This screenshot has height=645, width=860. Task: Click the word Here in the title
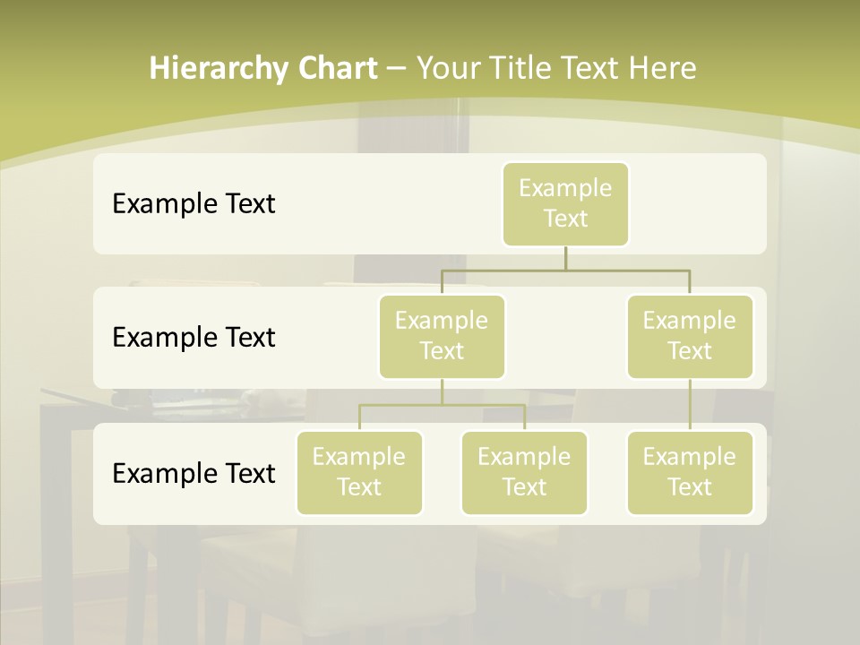[662, 69]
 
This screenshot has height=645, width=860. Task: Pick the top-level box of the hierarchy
[565, 204]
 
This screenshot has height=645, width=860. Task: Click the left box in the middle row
[442, 337]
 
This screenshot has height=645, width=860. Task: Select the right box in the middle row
[690, 337]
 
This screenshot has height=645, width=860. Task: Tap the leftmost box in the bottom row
[359, 473]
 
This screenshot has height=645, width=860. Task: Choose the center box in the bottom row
[524, 473]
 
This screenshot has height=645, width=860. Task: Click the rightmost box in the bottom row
[690, 473]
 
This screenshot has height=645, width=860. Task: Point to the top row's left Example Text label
[193, 204]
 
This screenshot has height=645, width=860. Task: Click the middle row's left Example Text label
[193, 338]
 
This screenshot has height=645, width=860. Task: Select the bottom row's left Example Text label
[193, 474]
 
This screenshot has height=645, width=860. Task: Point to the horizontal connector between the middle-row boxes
[565, 269]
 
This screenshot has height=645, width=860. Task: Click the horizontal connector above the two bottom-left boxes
[442, 405]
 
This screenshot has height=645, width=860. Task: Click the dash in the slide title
[397, 69]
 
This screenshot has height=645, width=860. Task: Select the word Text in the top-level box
[565, 219]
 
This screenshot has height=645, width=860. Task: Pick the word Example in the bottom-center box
[524, 458]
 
